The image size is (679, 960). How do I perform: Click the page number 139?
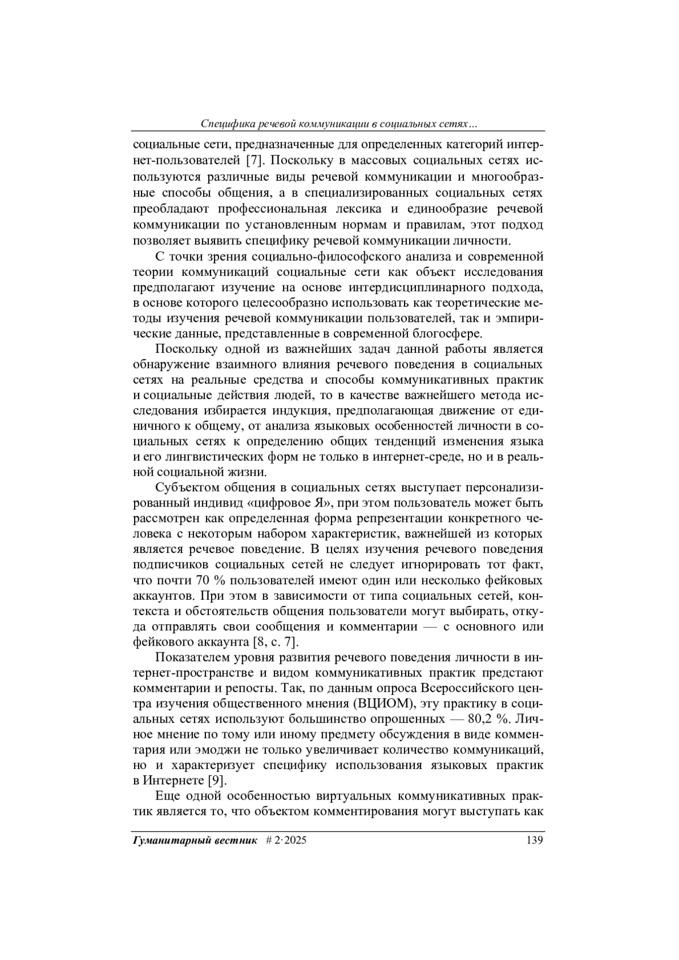(534, 840)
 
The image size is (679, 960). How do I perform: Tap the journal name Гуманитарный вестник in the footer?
(194, 840)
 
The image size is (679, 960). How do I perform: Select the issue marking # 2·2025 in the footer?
(286, 840)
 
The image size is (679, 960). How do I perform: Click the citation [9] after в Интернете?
(214, 781)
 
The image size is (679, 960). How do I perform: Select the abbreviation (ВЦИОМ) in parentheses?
(385, 703)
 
